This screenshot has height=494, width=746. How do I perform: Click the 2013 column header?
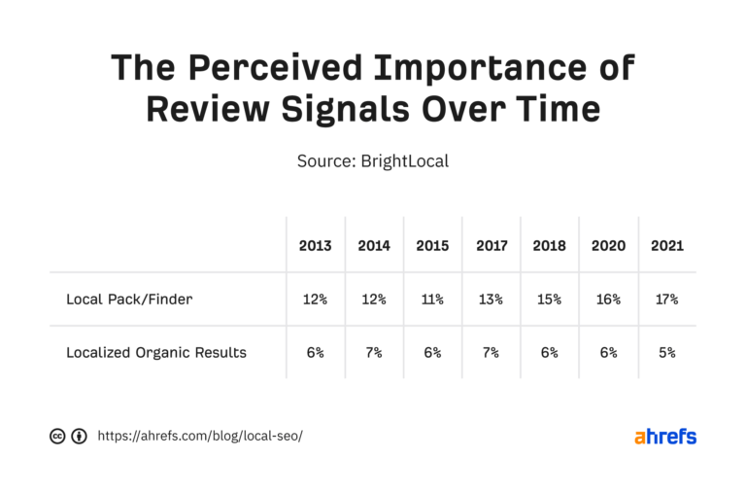tap(316, 246)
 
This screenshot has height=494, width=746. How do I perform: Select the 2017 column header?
tap(492, 246)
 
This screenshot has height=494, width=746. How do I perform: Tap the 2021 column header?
tap(666, 246)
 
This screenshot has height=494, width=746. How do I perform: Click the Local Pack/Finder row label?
tap(129, 300)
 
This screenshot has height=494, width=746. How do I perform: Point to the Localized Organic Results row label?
tap(156, 352)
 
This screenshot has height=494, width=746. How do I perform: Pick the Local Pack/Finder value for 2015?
tap(432, 300)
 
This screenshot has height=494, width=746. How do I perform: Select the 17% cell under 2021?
tap(666, 300)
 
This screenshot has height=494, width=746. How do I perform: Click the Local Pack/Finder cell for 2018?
tap(549, 300)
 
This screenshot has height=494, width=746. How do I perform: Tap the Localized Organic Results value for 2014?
tap(374, 352)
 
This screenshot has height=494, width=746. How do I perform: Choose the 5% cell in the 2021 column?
tap(666, 352)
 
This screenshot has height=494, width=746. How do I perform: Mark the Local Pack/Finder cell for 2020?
tap(607, 300)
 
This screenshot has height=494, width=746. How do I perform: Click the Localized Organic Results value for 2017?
tap(492, 352)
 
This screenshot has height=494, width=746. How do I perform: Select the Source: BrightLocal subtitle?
tap(373, 160)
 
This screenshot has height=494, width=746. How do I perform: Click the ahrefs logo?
tap(665, 437)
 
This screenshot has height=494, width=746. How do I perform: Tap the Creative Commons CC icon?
tap(57, 437)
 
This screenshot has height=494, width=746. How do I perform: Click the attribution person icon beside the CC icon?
tap(79, 437)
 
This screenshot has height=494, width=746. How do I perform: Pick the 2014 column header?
tap(374, 246)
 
